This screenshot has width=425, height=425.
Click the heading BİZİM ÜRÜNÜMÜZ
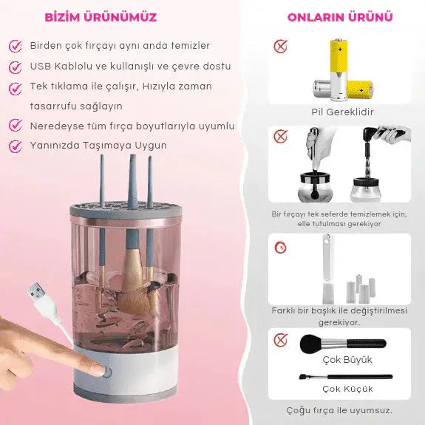(x=101, y=17)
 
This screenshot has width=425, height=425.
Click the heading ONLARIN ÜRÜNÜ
(x=340, y=17)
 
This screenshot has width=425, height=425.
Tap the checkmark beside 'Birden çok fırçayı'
(x=16, y=46)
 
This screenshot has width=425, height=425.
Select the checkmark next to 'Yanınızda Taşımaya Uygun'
(x=16, y=146)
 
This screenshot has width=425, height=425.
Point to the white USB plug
(x=38, y=293)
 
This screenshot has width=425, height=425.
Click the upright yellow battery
(x=339, y=69)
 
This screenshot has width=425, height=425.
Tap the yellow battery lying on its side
(x=360, y=89)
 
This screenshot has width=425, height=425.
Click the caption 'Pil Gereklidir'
(x=342, y=112)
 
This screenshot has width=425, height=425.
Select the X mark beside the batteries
(x=280, y=47)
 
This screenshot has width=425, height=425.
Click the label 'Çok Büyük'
(x=347, y=360)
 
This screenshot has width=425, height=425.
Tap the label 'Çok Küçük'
(x=347, y=389)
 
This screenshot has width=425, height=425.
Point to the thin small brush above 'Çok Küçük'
(x=346, y=377)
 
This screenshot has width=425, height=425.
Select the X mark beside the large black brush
(x=280, y=340)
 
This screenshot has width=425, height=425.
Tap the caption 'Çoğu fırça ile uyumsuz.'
(x=339, y=410)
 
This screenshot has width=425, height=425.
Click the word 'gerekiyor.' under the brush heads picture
(x=339, y=322)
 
